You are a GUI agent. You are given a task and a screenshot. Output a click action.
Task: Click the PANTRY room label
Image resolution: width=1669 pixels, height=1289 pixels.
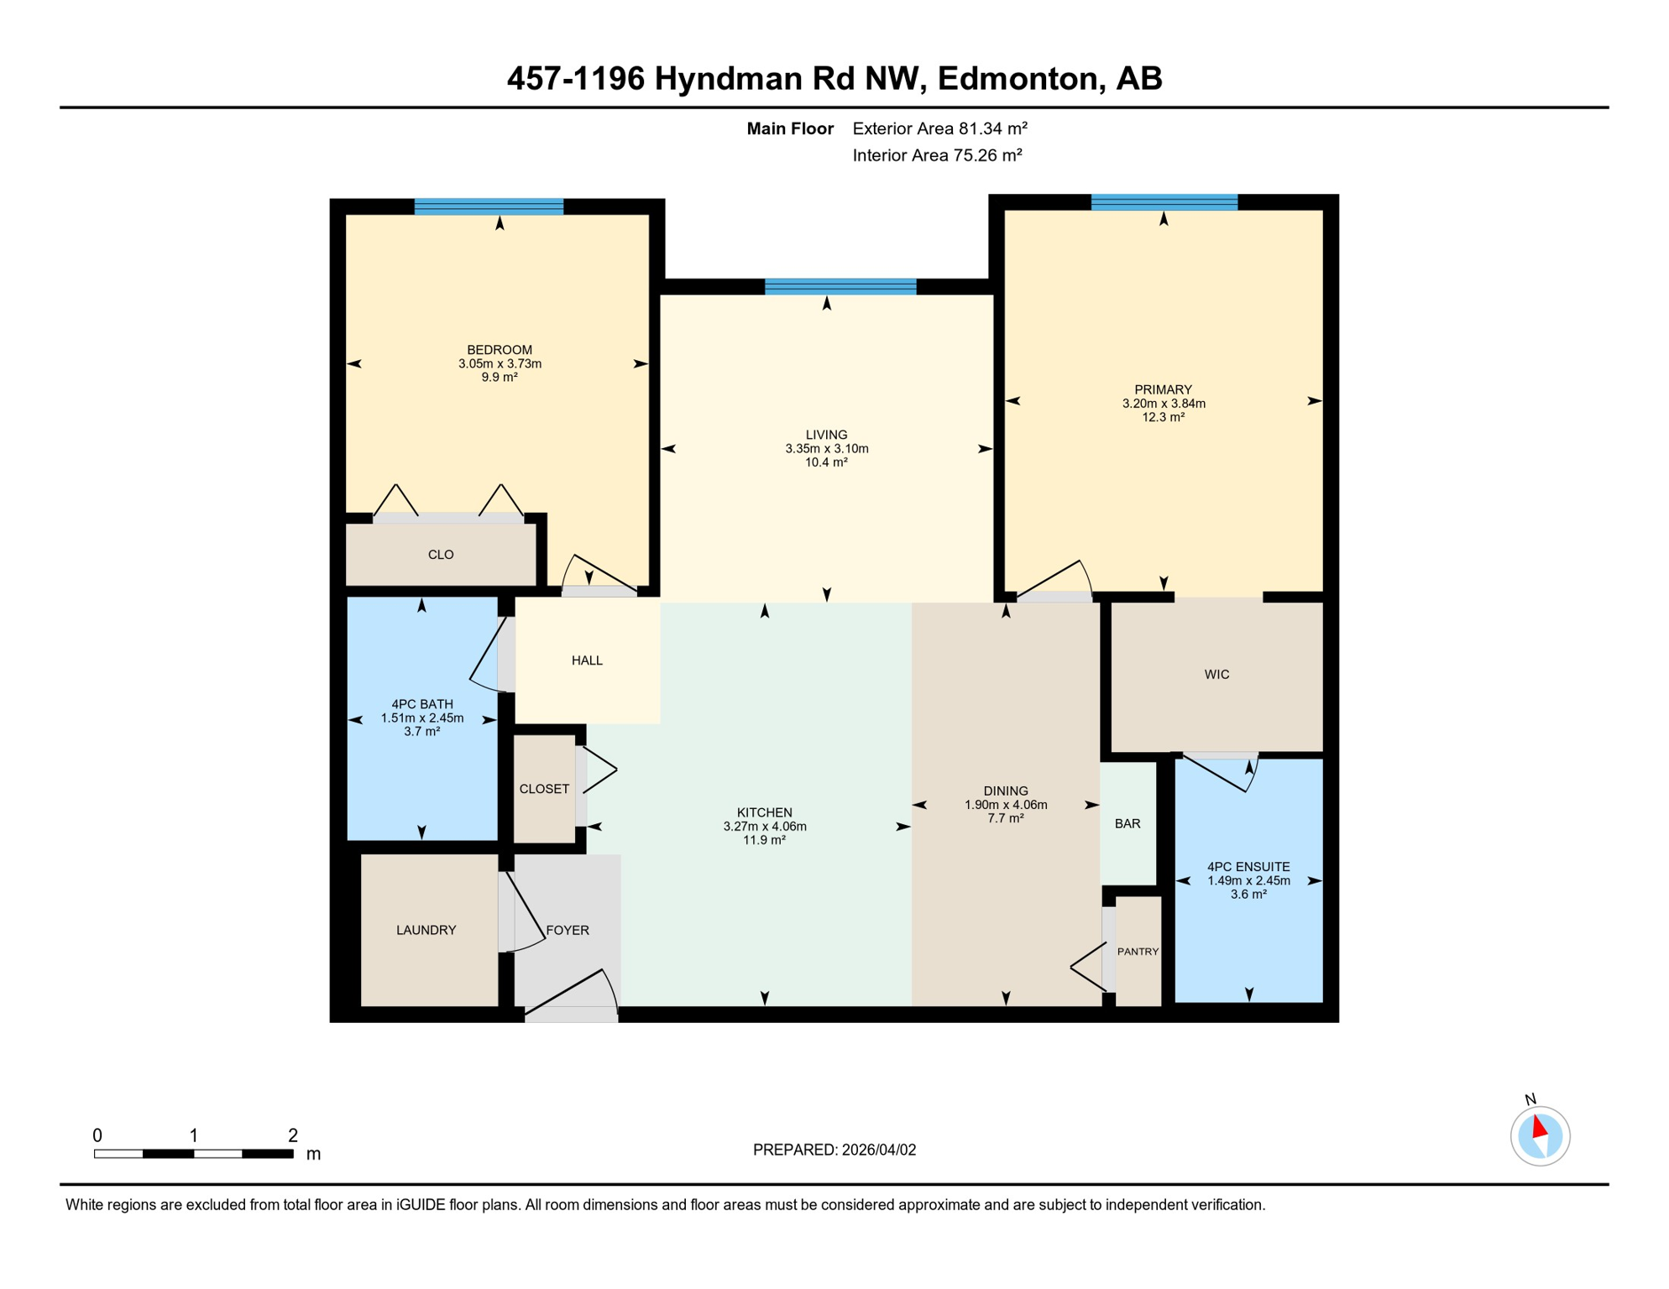click(x=1138, y=952)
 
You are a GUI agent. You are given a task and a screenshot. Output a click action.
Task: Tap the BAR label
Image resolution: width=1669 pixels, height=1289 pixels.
click(x=1127, y=824)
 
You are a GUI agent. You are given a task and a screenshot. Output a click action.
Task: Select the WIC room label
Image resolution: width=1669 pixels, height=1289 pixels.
click(x=1216, y=675)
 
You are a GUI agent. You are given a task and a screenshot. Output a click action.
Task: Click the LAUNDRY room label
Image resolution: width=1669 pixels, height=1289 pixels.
click(x=426, y=931)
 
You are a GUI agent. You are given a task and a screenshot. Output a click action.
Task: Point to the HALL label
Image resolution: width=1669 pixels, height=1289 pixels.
click(x=587, y=661)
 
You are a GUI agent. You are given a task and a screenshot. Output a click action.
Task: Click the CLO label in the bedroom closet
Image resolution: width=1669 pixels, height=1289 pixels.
click(x=441, y=556)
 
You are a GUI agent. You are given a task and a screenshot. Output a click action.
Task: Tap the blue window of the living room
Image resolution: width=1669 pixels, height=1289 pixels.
click(x=840, y=287)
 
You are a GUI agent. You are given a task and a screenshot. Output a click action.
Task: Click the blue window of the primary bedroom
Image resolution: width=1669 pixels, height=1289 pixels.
click(x=1164, y=202)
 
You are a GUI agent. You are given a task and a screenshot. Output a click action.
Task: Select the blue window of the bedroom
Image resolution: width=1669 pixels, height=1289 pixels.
click(x=489, y=207)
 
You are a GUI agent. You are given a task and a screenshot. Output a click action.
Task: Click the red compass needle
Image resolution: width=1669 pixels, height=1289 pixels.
click(x=1539, y=1127)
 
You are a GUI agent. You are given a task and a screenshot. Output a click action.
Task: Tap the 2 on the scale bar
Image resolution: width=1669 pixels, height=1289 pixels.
click(x=293, y=1136)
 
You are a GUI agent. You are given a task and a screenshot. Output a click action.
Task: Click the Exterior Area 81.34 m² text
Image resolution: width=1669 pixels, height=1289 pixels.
click(x=939, y=129)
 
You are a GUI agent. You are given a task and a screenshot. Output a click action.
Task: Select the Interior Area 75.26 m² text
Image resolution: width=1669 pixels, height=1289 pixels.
click(x=937, y=156)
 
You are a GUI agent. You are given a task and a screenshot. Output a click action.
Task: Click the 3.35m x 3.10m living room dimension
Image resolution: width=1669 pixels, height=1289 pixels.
click(x=826, y=450)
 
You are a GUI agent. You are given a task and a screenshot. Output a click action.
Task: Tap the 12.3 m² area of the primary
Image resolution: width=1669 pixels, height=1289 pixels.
click(x=1163, y=418)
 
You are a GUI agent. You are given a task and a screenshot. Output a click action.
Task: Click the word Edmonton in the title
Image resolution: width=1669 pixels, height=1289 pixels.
click(x=1018, y=79)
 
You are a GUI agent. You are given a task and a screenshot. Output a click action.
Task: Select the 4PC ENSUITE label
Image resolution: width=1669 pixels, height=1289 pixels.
click(x=1248, y=868)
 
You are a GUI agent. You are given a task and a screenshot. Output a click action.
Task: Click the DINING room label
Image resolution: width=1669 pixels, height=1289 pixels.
click(x=1006, y=791)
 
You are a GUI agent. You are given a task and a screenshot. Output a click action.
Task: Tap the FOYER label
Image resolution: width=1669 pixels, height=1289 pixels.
click(x=568, y=931)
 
